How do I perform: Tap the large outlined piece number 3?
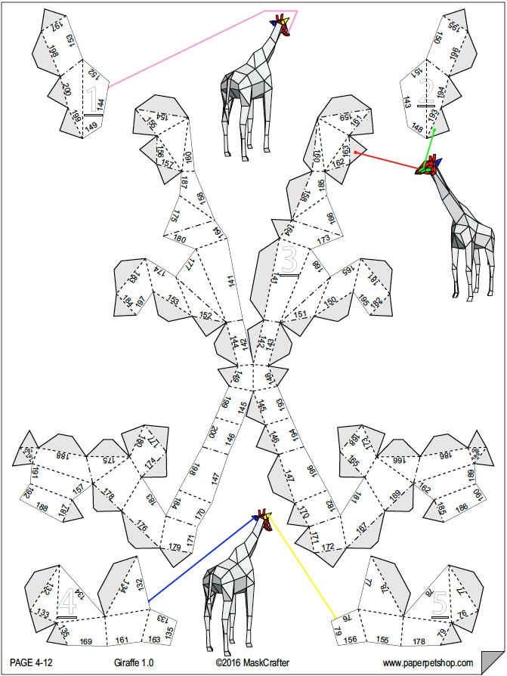coord(289,259)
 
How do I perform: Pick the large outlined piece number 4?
coord(67,602)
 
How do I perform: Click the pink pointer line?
coord(189,45)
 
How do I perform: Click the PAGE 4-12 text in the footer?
coord(31,662)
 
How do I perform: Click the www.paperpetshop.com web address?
coord(428,662)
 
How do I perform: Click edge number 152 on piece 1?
coord(92,74)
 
